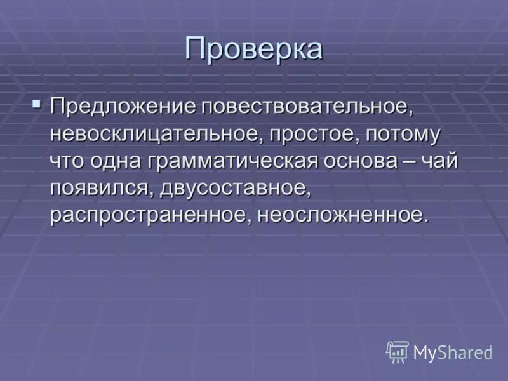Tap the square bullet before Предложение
[37, 103]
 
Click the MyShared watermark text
[453, 352]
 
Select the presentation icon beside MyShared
[398, 352]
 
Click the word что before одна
[67, 161]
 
